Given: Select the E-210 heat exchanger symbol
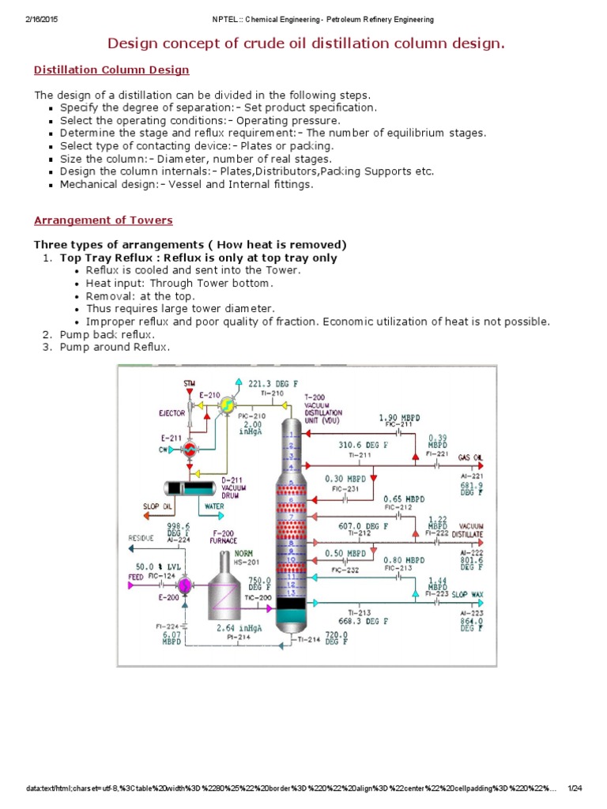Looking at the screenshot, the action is click(x=227, y=404).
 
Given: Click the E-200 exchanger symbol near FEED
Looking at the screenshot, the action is click(x=185, y=585).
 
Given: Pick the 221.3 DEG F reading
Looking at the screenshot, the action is click(x=269, y=383).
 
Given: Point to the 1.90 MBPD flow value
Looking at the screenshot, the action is click(x=398, y=417).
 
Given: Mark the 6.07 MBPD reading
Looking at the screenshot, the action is click(x=172, y=638).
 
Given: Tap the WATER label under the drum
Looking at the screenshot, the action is click(x=214, y=506).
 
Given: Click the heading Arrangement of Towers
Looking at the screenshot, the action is click(x=104, y=220).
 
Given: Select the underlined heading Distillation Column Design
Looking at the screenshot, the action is click(x=111, y=70).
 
